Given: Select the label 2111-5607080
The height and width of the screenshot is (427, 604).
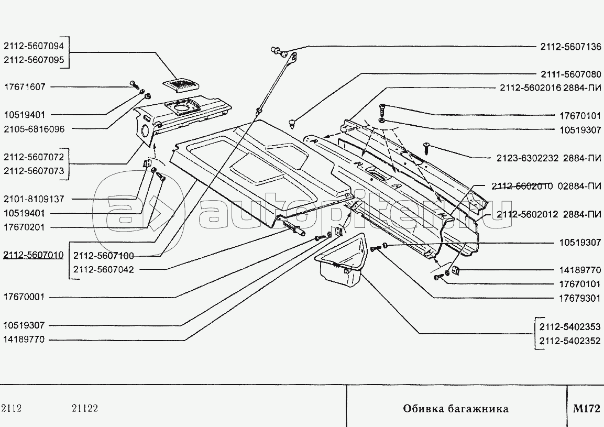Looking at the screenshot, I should click(x=570, y=74).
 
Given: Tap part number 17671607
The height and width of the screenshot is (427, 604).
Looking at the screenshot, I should click(x=25, y=87).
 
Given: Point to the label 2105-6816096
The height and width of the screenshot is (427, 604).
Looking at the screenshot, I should click(x=34, y=129).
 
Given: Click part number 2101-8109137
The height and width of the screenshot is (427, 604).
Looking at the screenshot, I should click(x=34, y=199).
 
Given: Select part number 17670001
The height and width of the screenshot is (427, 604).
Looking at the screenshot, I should click(x=25, y=297).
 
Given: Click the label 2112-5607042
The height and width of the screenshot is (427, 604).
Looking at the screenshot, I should click(x=104, y=270).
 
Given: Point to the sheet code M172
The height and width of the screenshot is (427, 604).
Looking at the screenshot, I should click(x=586, y=409).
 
